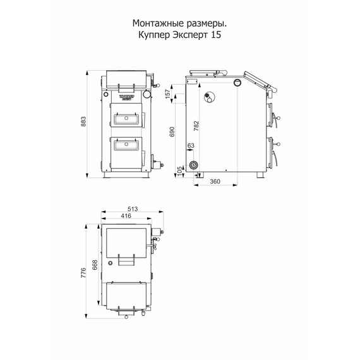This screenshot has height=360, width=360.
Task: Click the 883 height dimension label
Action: (83, 121)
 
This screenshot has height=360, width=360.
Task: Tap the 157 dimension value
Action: (168, 93)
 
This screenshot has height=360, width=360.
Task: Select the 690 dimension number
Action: (172, 131)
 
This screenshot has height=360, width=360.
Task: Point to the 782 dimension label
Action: (196, 126)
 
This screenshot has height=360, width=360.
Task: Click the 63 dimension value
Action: (191, 145)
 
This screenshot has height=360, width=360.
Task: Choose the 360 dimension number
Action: (215, 181)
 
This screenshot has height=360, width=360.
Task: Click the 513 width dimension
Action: (133, 209)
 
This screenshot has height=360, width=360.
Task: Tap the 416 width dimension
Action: (126, 216)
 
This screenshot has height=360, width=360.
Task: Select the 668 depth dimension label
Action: (95, 265)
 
